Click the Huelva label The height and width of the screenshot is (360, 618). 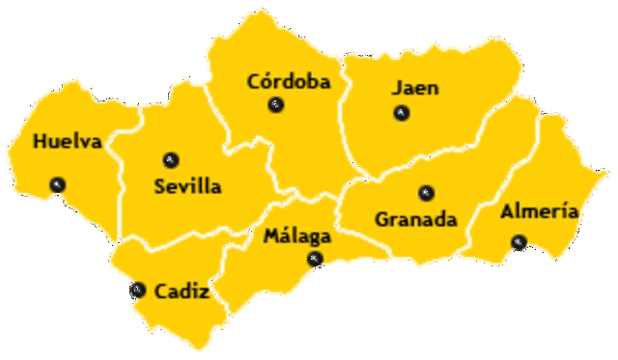(x=67, y=142)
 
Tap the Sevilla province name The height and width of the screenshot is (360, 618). (x=187, y=186)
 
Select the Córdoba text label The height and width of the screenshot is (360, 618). (x=289, y=82)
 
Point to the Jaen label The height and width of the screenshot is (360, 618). (x=415, y=88)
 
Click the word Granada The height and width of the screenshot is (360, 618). (x=415, y=219)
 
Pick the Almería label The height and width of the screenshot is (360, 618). (x=539, y=212)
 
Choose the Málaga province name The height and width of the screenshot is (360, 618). (x=297, y=235)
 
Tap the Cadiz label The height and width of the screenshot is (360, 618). (x=182, y=290)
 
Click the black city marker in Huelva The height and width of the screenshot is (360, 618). (x=58, y=184)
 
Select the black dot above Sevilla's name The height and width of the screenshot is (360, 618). (x=171, y=159)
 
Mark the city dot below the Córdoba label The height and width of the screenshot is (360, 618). (x=276, y=105)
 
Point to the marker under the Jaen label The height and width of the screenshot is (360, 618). (x=401, y=113)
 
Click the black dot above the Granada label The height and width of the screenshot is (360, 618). (x=426, y=193)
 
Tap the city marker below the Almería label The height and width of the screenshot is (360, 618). (x=520, y=242)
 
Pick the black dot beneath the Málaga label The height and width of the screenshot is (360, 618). (x=314, y=259)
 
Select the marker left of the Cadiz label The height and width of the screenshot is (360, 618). (x=138, y=290)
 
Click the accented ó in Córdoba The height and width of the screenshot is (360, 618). (x=267, y=82)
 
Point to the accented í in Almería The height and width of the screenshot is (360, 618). (x=561, y=211)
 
